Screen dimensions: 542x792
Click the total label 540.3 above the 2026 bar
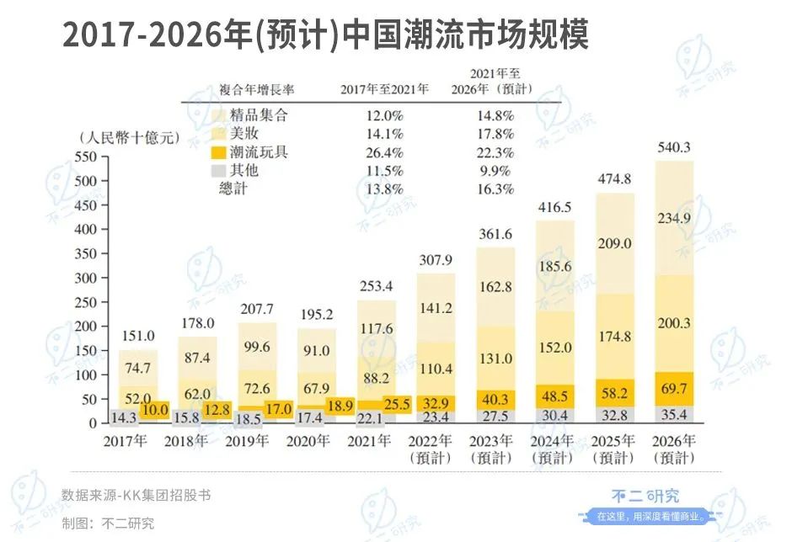tap(673, 148)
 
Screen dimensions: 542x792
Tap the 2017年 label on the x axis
tap(127, 439)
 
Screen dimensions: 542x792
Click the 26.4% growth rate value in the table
tap(384, 151)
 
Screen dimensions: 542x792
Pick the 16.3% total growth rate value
tap(495, 189)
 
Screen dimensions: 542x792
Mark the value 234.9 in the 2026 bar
tap(673, 218)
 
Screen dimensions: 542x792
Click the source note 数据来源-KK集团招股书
tap(136, 495)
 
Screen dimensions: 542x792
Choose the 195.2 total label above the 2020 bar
tap(317, 313)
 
